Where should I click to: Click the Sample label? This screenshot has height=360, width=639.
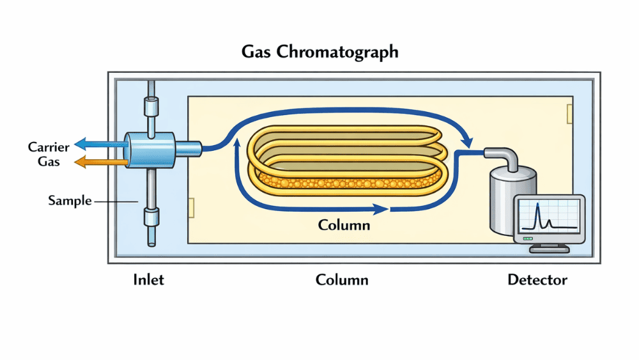click(x=70, y=201)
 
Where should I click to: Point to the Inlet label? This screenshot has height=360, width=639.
click(x=148, y=280)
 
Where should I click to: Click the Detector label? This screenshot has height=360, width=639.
click(x=537, y=280)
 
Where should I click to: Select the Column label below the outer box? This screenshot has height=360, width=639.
click(x=342, y=280)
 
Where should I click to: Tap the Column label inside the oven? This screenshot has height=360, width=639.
click(x=344, y=225)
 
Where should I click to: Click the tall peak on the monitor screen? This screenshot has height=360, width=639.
click(x=538, y=214)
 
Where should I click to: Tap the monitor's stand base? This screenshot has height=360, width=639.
click(x=549, y=249)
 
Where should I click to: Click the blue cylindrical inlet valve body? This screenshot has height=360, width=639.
click(x=148, y=151)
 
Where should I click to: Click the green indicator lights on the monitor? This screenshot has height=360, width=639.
click(x=528, y=239)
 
